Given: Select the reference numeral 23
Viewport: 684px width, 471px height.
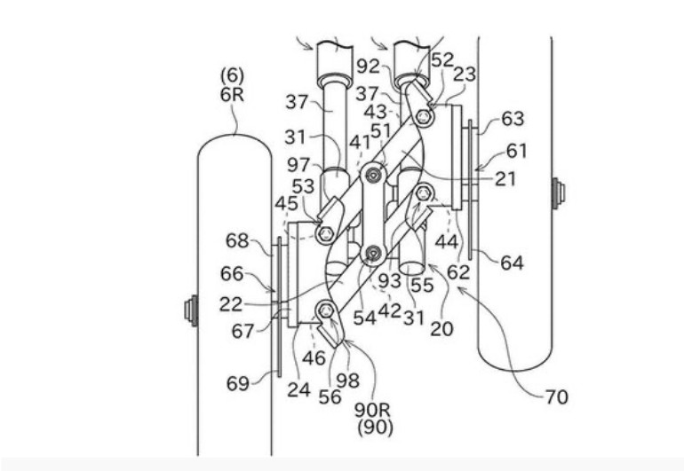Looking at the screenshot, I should [x=464, y=76].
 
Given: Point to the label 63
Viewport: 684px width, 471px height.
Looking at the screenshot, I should [x=513, y=119].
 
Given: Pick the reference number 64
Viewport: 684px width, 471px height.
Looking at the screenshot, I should [x=512, y=263].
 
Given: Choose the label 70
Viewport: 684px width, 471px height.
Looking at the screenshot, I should [x=558, y=396].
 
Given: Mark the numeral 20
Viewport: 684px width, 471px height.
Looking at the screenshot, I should [x=441, y=329].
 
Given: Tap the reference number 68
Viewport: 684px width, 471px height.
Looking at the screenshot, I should [x=237, y=240].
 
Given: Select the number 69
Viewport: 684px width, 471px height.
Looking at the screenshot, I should [x=237, y=382].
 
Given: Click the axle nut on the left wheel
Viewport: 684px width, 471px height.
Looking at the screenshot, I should [x=189, y=310].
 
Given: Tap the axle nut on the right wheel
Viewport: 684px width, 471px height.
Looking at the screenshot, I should [x=558, y=191].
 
